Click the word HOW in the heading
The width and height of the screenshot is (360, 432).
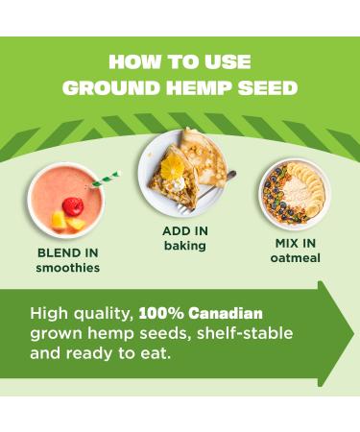(x=132, y=62)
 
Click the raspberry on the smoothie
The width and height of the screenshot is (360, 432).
(x=72, y=204)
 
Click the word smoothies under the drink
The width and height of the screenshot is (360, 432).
(x=68, y=269)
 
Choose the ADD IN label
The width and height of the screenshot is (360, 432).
(x=185, y=231)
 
